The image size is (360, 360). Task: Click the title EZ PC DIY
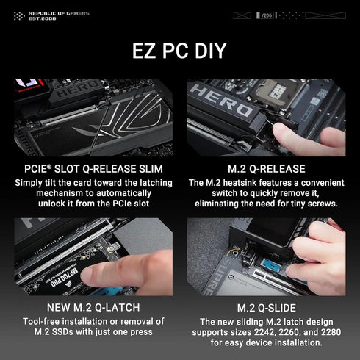pyautogui.click(x=179, y=51)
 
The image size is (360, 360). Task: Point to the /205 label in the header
pyautogui.click(x=266, y=15)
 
